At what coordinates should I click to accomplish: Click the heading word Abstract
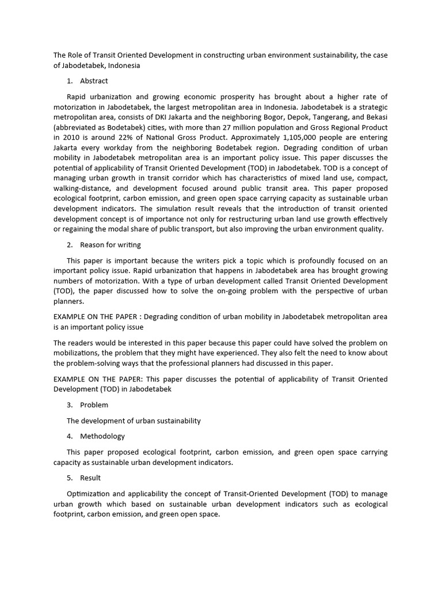[94, 81]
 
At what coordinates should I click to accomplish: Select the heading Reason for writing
[110, 245]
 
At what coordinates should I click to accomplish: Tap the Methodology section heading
[102, 436]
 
